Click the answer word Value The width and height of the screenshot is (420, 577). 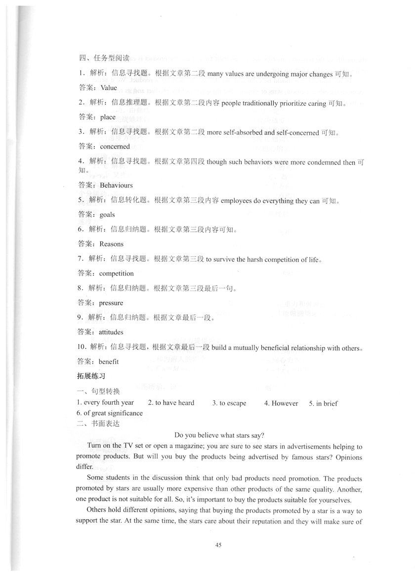click(109, 88)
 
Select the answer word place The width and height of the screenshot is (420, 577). click(108, 117)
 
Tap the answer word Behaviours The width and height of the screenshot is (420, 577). click(116, 185)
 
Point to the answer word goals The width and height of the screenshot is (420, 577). click(107, 215)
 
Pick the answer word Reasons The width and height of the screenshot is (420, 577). click(111, 244)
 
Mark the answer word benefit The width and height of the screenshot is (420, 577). click(109, 361)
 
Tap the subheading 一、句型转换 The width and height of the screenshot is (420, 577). click(98, 391)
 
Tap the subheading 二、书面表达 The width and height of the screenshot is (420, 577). click(98, 423)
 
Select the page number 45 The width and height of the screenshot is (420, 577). click(219, 545)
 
